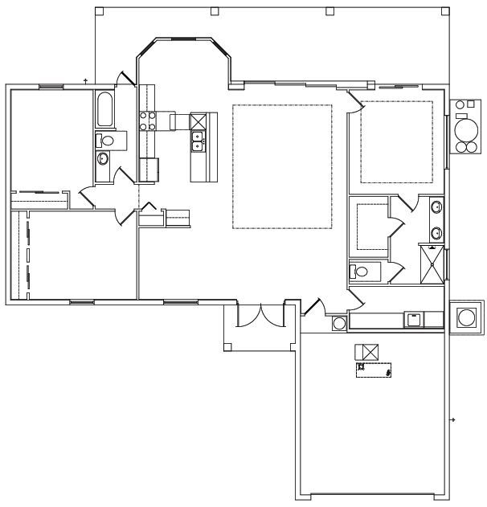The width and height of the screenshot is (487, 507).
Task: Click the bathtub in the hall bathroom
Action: pos(104,110)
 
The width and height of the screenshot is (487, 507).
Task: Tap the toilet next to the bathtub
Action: pos(106,141)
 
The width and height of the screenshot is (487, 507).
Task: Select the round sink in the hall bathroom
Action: pos(103,158)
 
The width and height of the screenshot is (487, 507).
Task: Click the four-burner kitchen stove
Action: pos(148,121)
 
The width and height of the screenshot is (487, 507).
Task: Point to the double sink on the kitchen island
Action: pos(197,141)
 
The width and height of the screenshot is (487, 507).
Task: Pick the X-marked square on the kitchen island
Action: pos(199,121)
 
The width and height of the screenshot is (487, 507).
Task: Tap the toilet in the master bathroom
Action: pos(360,272)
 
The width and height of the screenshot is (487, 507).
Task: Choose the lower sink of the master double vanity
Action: pos(436,234)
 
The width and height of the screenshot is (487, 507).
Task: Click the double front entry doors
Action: pos(260,314)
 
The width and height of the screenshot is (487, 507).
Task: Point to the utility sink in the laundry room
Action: pos(414,319)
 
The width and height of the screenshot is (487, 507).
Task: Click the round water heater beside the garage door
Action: pos(339,323)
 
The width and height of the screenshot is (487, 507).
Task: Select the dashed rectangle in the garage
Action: pos(374,370)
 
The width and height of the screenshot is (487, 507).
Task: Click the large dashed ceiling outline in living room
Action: pos(282,166)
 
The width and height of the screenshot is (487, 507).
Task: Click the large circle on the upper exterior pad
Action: pos(464,129)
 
